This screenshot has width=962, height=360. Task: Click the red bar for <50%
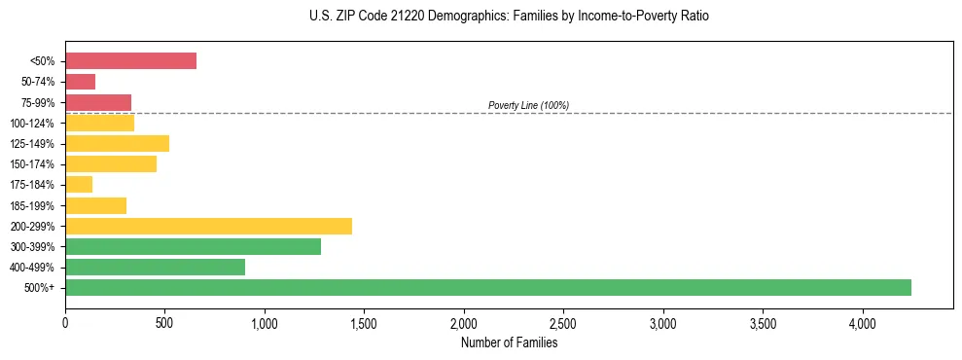(130, 61)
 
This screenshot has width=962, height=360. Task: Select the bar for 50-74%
(81, 82)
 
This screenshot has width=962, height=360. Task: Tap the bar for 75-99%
(98, 102)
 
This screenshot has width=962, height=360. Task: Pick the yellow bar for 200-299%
(208, 226)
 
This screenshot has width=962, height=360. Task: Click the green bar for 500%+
(488, 287)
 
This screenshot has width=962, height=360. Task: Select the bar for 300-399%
(193, 246)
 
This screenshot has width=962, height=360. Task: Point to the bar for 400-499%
(155, 267)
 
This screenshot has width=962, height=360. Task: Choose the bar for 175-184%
(79, 184)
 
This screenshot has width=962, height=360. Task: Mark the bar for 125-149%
(117, 143)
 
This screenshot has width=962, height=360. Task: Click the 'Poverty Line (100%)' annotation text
(528, 105)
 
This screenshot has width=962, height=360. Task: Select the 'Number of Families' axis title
(509, 342)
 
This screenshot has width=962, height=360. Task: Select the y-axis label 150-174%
(32, 164)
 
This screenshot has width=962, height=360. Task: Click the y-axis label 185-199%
(32, 205)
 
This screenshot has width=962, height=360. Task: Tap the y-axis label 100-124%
(32, 124)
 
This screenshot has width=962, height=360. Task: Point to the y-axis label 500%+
(40, 288)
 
